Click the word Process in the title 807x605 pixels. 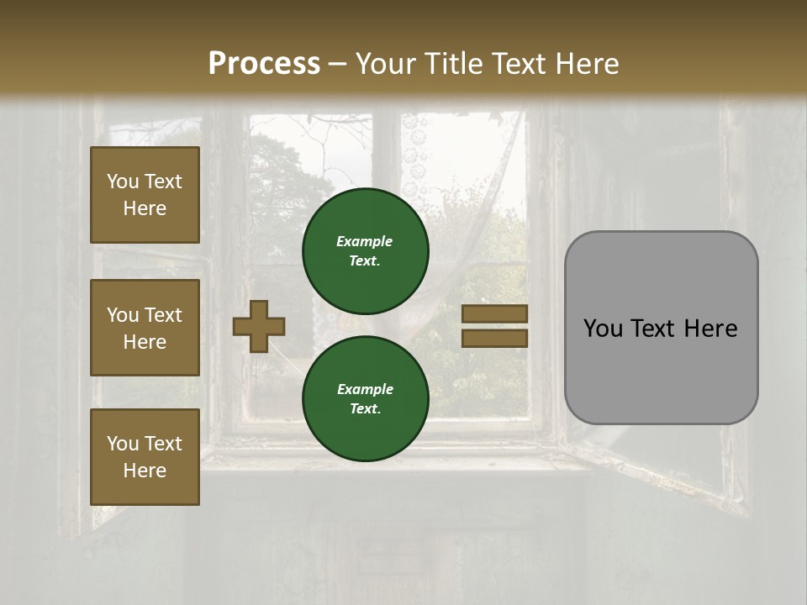click(x=264, y=64)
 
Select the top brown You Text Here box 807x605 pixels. click(x=145, y=195)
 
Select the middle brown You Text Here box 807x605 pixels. click(x=145, y=328)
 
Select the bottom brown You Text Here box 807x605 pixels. click(x=145, y=457)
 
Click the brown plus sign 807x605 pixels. click(x=259, y=326)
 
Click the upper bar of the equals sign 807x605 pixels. click(x=494, y=314)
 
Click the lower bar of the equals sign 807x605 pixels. click(x=494, y=338)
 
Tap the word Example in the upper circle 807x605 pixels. click(x=365, y=241)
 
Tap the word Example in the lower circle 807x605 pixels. click(x=365, y=389)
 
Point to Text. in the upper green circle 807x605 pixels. click(x=365, y=260)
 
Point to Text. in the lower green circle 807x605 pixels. click(x=365, y=409)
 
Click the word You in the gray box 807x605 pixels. click(x=604, y=329)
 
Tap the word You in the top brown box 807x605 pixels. click(x=123, y=181)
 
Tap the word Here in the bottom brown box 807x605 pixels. click(x=145, y=471)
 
